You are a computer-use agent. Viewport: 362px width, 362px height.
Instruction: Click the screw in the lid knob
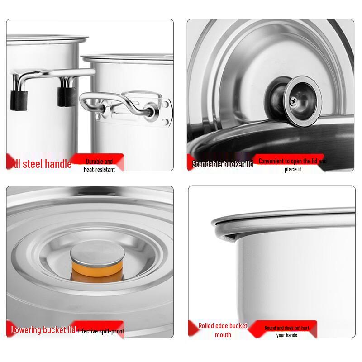click(x=295, y=101)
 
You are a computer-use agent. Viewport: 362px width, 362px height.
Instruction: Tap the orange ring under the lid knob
click(x=96, y=270)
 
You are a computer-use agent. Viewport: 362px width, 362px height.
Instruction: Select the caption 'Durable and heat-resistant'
click(x=99, y=166)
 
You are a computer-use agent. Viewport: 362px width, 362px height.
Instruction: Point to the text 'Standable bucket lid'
click(x=222, y=164)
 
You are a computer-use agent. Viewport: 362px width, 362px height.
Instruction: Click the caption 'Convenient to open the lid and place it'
click(x=292, y=165)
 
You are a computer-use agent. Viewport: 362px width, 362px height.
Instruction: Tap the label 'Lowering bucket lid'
click(x=43, y=330)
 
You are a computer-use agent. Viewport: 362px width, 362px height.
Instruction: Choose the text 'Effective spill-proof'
click(x=100, y=331)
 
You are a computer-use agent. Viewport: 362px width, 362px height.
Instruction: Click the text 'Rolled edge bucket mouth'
click(x=223, y=330)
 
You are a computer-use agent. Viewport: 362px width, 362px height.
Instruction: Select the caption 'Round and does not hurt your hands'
click(x=286, y=331)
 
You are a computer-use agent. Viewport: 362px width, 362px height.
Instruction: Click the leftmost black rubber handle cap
click(x=19, y=100)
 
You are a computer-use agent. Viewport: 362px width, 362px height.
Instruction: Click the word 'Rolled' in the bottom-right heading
click(x=207, y=326)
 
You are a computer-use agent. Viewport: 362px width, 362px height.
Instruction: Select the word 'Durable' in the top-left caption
click(x=95, y=162)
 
